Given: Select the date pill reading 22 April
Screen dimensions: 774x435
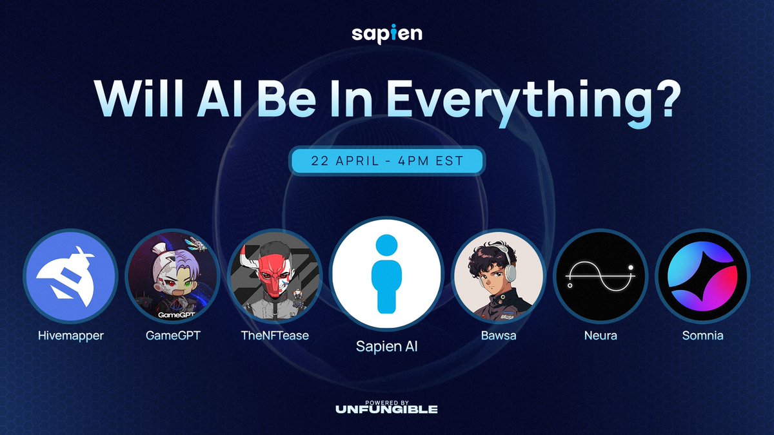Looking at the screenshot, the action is pyautogui.click(x=387, y=160).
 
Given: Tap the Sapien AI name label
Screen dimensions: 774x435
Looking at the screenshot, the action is pyautogui.click(x=386, y=347).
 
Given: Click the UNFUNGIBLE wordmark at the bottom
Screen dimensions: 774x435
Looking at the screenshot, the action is pyautogui.click(x=387, y=409).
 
